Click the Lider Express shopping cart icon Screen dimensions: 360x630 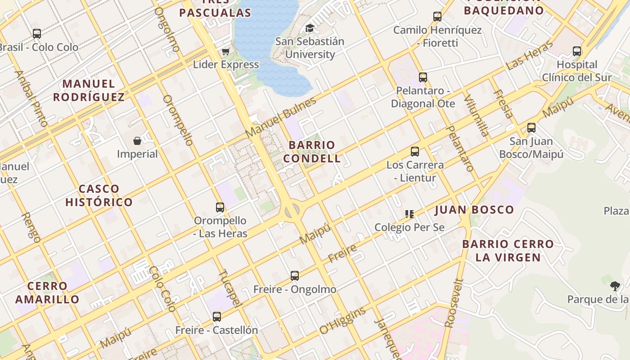pyautogui.click(x=226, y=51)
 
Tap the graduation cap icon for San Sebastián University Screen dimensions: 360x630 pyautogui.click(x=310, y=28)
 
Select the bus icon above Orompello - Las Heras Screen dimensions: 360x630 pyautogui.click(x=220, y=207)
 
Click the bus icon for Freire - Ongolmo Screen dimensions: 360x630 pyautogui.click(x=295, y=276)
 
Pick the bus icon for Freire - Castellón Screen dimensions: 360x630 pyautogui.click(x=217, y=317)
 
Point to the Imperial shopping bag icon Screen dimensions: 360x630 pyautogui.click(x=137, y=141)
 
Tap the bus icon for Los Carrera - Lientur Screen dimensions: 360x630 pyautogui.click(x=415, y=152)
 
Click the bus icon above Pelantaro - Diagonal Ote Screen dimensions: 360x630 pyautogui.click(x=423, y=77)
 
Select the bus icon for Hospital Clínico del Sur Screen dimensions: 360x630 pyautogui.click(x=577, y=51)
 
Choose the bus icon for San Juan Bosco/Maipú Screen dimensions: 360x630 pyautogui.click(x=531, y=128)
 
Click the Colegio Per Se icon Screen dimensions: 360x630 pyautogui.click(x=409, y=214)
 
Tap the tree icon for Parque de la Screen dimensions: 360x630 pyautogui.click(x=615, y=286)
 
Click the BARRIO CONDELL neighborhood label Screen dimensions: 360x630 pyautogui.click(x=312, y=152)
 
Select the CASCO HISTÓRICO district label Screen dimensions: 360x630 pyautogui.click(x=99, y=195)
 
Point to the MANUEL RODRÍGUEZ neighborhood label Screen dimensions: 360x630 pyautogui.click(x=89, y=90)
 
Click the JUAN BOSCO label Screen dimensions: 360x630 pyautogui.click(x=474, y=210)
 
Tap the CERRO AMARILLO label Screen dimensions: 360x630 pyautogui.click(x=47, y=292)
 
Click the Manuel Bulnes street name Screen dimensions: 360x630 pyautogui.click(x=281, y=117)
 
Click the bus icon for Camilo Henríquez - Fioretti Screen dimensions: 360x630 pyautogui.click(x=437, y=17)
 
